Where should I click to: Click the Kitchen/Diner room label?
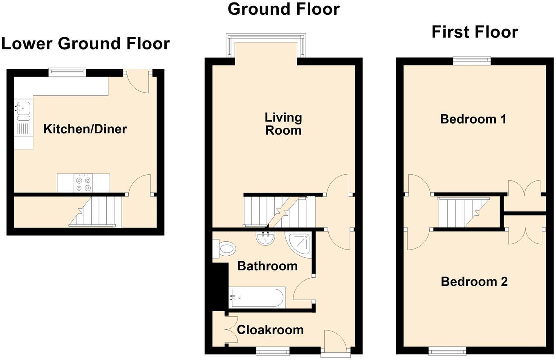(x=85, y=129)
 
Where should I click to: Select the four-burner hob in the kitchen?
(x=83, y=183)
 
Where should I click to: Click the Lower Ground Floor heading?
(x=85, y=43)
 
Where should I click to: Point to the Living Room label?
(x=283, y=124)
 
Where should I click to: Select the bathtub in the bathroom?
(x=257, y=297)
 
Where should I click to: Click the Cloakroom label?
(x=270, y=330)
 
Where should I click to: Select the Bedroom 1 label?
(x=473, y=119)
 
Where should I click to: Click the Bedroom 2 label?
(x=474, y=281)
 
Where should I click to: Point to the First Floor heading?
(x=475, y=32)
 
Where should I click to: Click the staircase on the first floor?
(x=464, y=212)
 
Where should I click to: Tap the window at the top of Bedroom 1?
(x=471, y=61)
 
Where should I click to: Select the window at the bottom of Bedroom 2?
(x=447, y=351)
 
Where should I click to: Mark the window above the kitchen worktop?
(x=67, y=73)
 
